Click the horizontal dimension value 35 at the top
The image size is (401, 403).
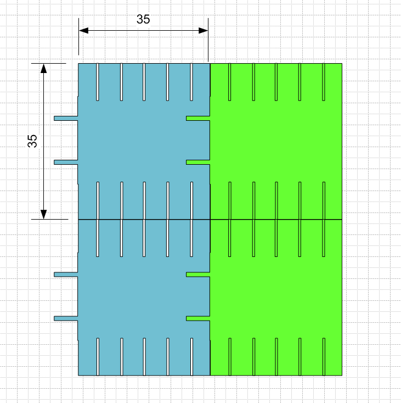tap(143, 19)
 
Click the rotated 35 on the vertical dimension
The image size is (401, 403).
tap(32, 141)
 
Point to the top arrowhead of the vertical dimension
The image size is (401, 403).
tap(44, 68)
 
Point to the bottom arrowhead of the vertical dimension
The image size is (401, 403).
tap(44, 214)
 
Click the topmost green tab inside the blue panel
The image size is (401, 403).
tap(197, 118)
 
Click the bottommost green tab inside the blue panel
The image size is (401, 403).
tap(197, 318)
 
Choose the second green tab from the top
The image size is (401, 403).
tap(197, 162)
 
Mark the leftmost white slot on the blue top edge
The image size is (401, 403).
tap(98, 82)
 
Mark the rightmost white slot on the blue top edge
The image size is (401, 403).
tap(191, 82)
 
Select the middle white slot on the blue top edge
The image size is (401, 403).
tap(144, 82)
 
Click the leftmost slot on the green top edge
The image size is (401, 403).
tap(230, 82)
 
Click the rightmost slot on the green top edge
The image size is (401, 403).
tap(324, 82)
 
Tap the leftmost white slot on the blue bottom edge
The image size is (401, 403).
tap(98, 356)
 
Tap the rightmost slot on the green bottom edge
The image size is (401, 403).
tap(324, 356)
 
